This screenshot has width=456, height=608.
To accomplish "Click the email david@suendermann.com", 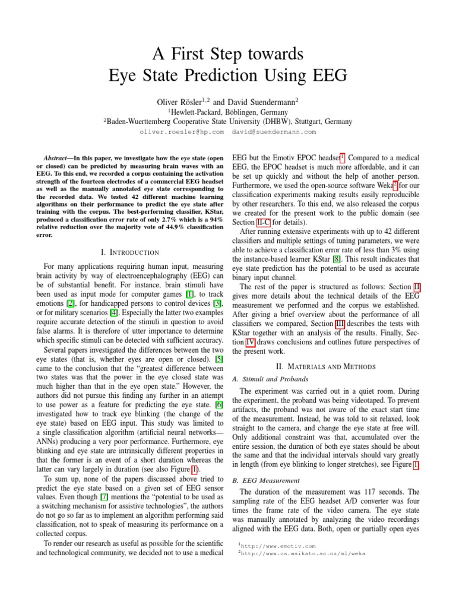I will (274, 132).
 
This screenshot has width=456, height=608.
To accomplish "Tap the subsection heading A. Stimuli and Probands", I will (271, 378).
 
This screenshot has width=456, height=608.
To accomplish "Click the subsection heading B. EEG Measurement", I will (267, 480).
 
